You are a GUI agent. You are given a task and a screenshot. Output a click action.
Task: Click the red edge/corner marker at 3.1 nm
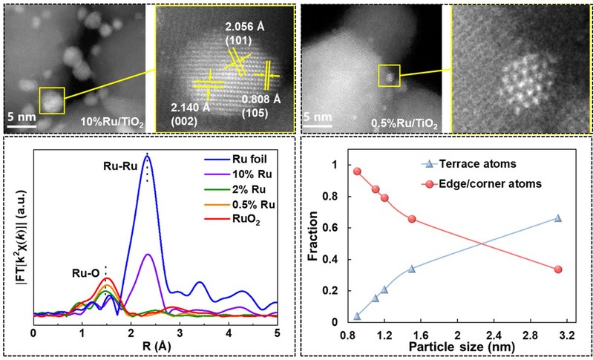558,269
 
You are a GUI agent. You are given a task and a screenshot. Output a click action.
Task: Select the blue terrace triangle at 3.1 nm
558,218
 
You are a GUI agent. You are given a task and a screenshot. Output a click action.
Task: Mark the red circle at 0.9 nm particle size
357,171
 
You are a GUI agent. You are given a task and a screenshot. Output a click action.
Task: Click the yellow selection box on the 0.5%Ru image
390,75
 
